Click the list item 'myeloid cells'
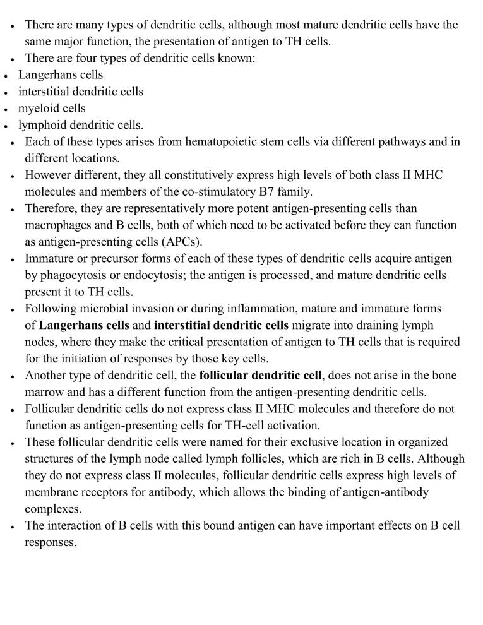click(52, 108)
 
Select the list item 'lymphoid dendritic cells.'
click(81, 124)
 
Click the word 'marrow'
click(44, 392)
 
